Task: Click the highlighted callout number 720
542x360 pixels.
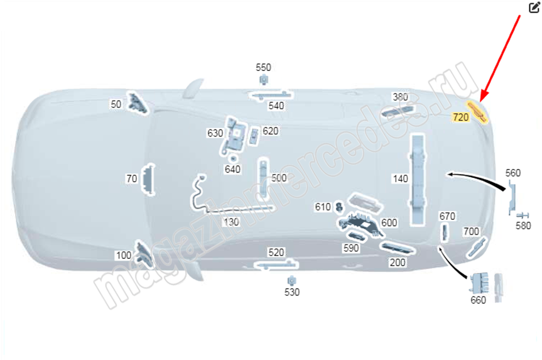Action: [x=460, y=117]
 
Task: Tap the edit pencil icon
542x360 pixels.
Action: [x=534, y=8]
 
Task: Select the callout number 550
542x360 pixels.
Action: [x=263, y=67]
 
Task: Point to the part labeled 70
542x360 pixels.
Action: [x=149, y=180]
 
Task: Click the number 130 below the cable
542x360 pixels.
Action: [x=231, y=222]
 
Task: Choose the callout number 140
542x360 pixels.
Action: [x=400, y=179]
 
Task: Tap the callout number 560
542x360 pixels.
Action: [x=513, y=173]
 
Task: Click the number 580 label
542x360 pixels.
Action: [x=523, y=226]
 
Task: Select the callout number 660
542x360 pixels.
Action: [x=479, y=300]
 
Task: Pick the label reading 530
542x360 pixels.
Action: [x=292, y=292]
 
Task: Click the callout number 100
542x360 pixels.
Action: [x=123, y=256]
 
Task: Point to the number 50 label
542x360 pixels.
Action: [x=116, y=104]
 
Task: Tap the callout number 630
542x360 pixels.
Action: [x=215, y=133]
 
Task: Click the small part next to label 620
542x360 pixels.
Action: [x=254, y=136]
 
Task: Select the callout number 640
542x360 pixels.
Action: [x=232, y=169]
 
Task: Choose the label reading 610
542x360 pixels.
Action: [x=323, y=207]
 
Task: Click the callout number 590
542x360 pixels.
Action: [x=351, y=248]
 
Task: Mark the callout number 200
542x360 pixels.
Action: [x=398, y=263]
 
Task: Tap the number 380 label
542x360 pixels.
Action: [x=400, y=97]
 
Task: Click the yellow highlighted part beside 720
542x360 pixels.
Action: [x=477, y=111]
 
